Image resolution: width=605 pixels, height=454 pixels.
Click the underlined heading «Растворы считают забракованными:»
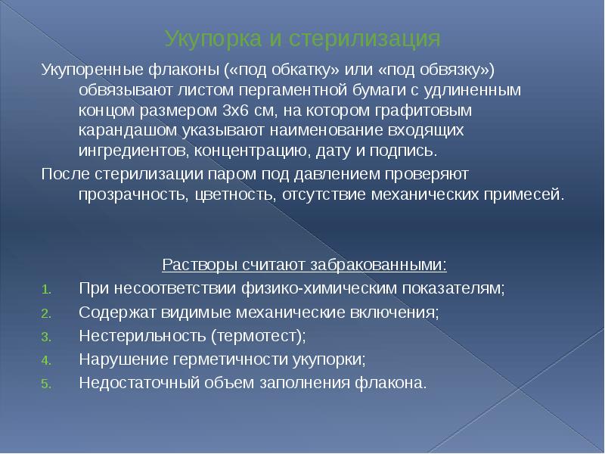[305, 266]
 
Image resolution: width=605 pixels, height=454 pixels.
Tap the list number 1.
[45, 289]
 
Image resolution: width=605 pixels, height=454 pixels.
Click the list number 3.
[45, 336]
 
